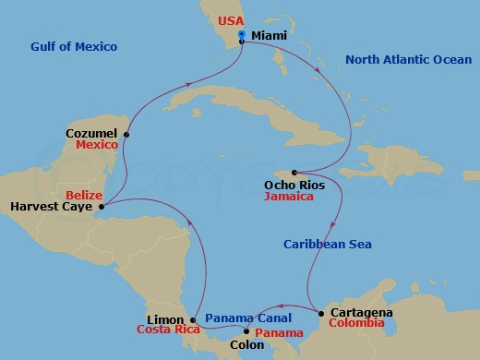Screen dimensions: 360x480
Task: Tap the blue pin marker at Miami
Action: [x=241, y=35]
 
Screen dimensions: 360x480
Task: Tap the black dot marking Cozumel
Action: [x=126, y=135]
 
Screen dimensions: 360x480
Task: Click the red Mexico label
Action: [x=96, y=146]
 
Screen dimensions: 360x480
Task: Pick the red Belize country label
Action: [x=85, y=195]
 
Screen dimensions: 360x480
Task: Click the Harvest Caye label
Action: [x=51, y=206]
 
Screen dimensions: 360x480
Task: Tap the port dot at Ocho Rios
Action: [x=294, y=173]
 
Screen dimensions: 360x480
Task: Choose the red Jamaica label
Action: [x=287, y=197]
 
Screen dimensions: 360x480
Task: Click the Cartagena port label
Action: [x=361, y=313]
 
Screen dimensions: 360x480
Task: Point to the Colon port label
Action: [x=247, y=348]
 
